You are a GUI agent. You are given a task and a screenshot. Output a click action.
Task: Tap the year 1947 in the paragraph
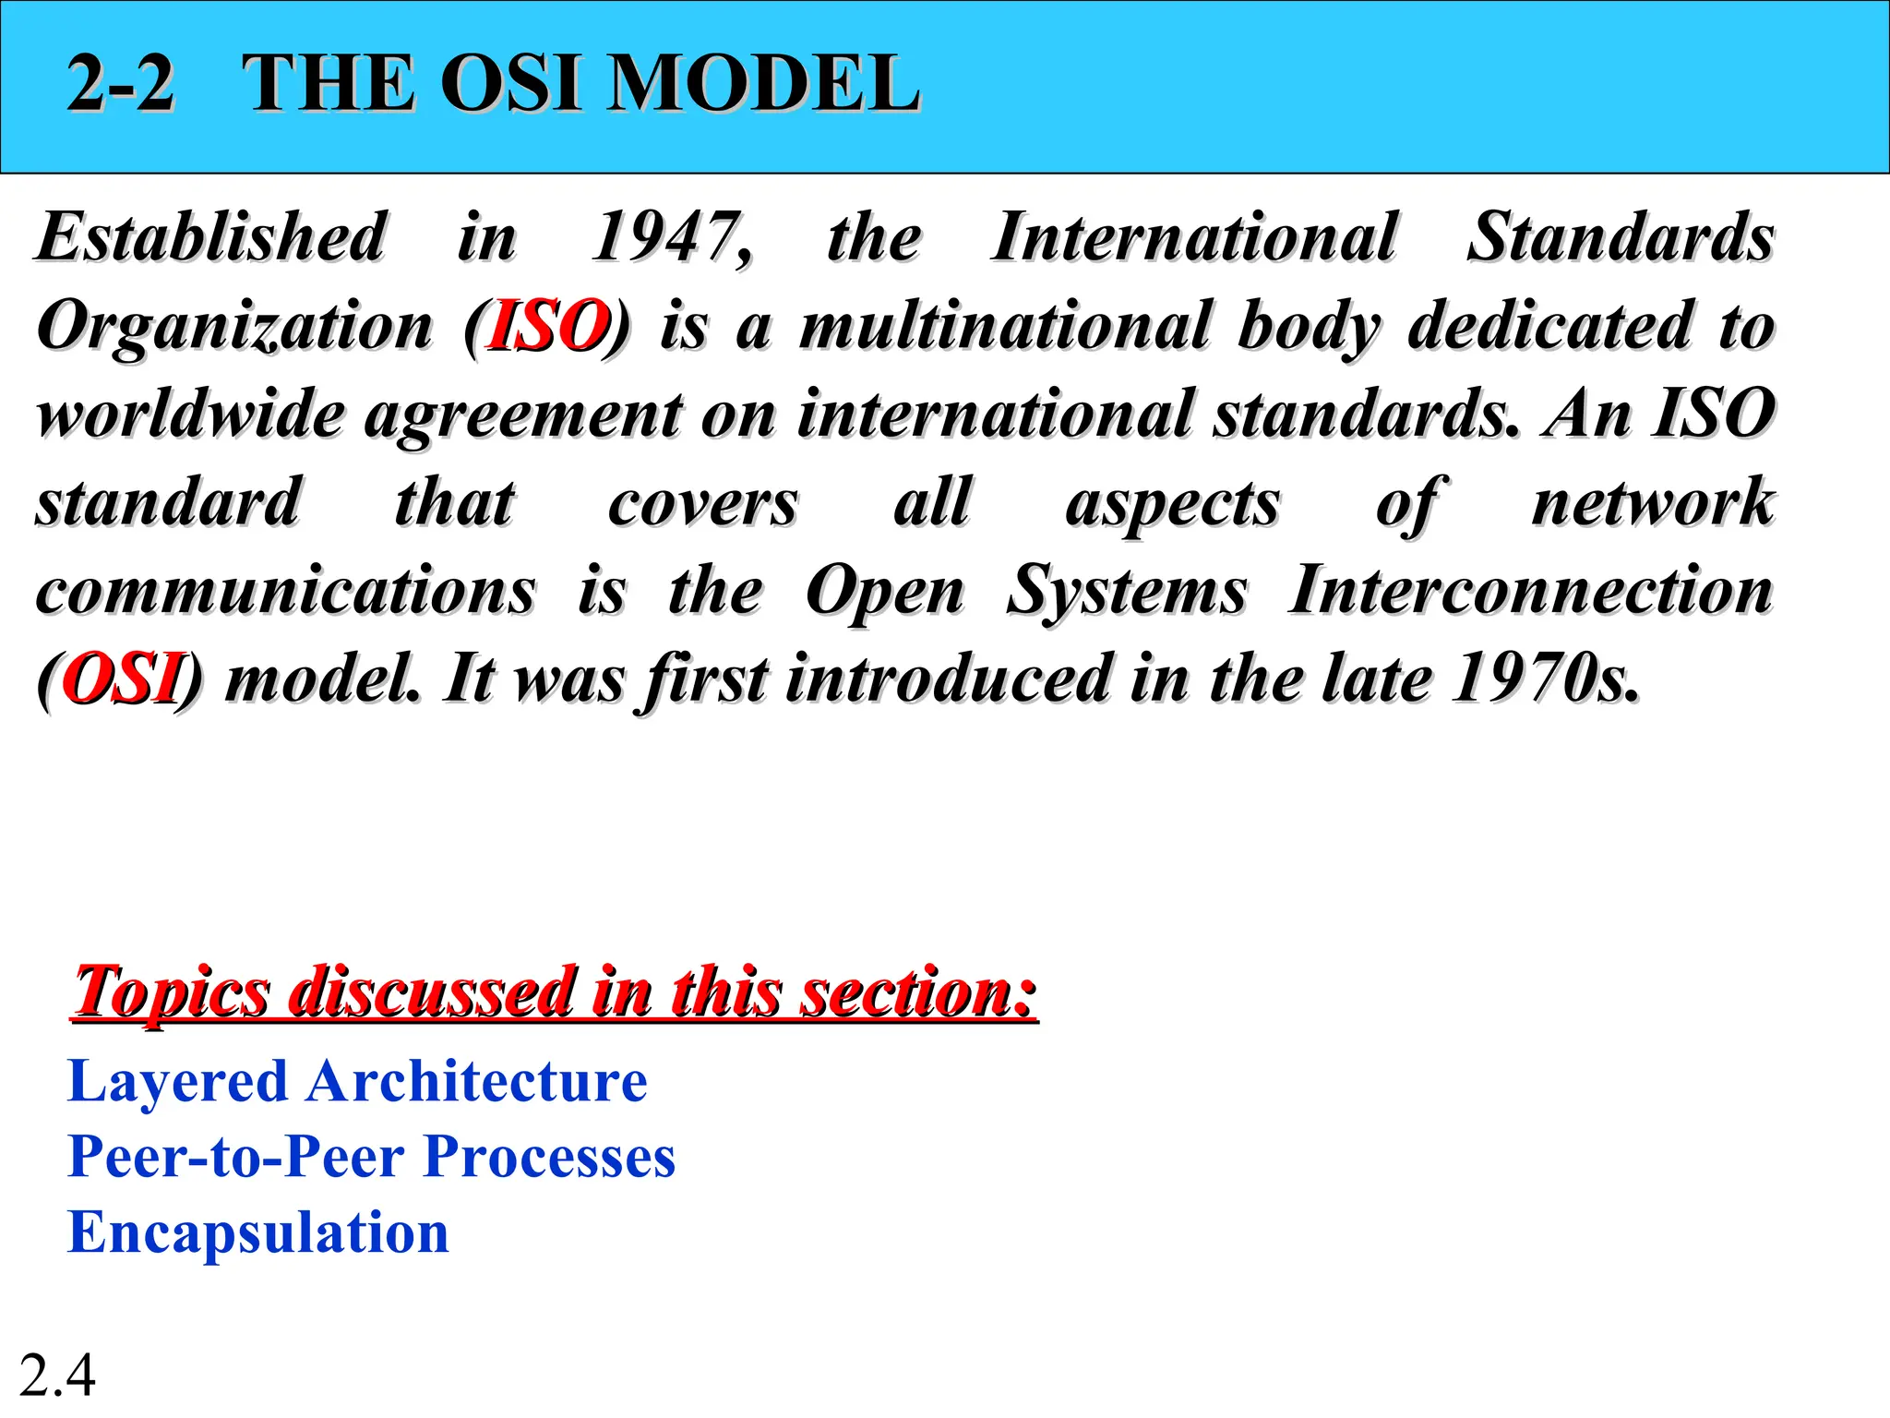point(671,237)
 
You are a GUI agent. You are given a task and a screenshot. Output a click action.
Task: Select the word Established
point(211,237)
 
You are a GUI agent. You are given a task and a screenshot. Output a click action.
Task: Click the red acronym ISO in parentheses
point(548,326)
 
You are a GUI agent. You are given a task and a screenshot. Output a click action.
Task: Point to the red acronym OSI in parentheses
point(121,679)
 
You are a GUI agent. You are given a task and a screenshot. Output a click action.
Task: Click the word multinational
point(1004,326)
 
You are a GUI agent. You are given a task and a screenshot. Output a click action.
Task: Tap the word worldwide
point(190,415)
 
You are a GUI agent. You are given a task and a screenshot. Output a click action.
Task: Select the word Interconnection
point(1530,591)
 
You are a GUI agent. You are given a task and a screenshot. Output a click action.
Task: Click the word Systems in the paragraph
point(1126,591)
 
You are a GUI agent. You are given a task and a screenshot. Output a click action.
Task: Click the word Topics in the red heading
point(172,992)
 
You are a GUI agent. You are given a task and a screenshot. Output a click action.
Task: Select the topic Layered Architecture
point(357,1082)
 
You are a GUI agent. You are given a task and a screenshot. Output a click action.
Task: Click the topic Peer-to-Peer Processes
point(371,1157)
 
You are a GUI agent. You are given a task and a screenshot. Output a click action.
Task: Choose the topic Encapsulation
point(258,1232)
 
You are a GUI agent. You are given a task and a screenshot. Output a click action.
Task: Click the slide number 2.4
point(57,1376)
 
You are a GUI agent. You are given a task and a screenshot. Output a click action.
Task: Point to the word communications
point(285,591)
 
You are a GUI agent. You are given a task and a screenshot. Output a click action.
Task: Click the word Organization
point(234,326)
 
